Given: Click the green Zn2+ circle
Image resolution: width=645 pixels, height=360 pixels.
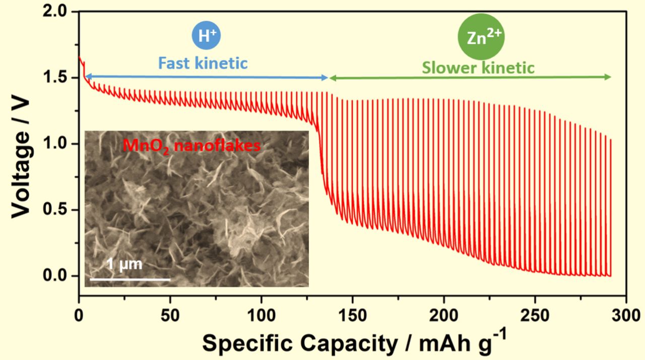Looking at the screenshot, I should [x=481, y=38].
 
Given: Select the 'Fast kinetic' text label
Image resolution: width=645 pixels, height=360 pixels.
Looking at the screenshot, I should [x=203, y=64].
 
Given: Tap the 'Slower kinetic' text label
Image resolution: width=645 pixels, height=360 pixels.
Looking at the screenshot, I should [x=478, y=67].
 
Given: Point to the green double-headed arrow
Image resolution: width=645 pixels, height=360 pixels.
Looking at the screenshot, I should [x=470, y=77].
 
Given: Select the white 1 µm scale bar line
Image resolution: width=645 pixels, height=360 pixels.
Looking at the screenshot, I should [x=130, y=278].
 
